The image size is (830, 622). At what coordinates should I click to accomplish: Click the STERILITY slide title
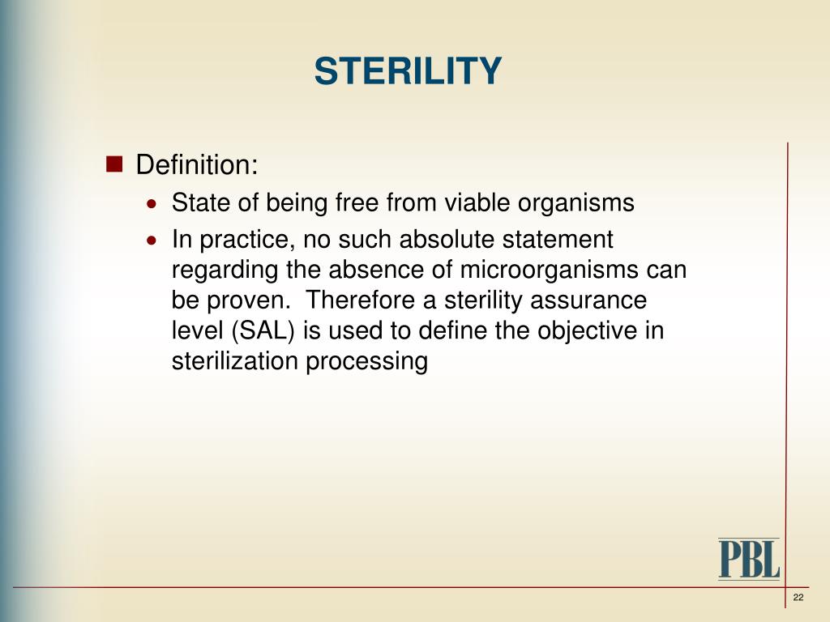click(x=409, y=71)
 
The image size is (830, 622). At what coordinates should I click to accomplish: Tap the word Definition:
click(x=197, y=165)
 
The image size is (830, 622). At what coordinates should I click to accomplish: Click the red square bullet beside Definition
click(x=114, y=165)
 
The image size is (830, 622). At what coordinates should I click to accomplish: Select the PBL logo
click(x=748, y=559)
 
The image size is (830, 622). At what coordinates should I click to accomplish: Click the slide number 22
click(x=798, y=598)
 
